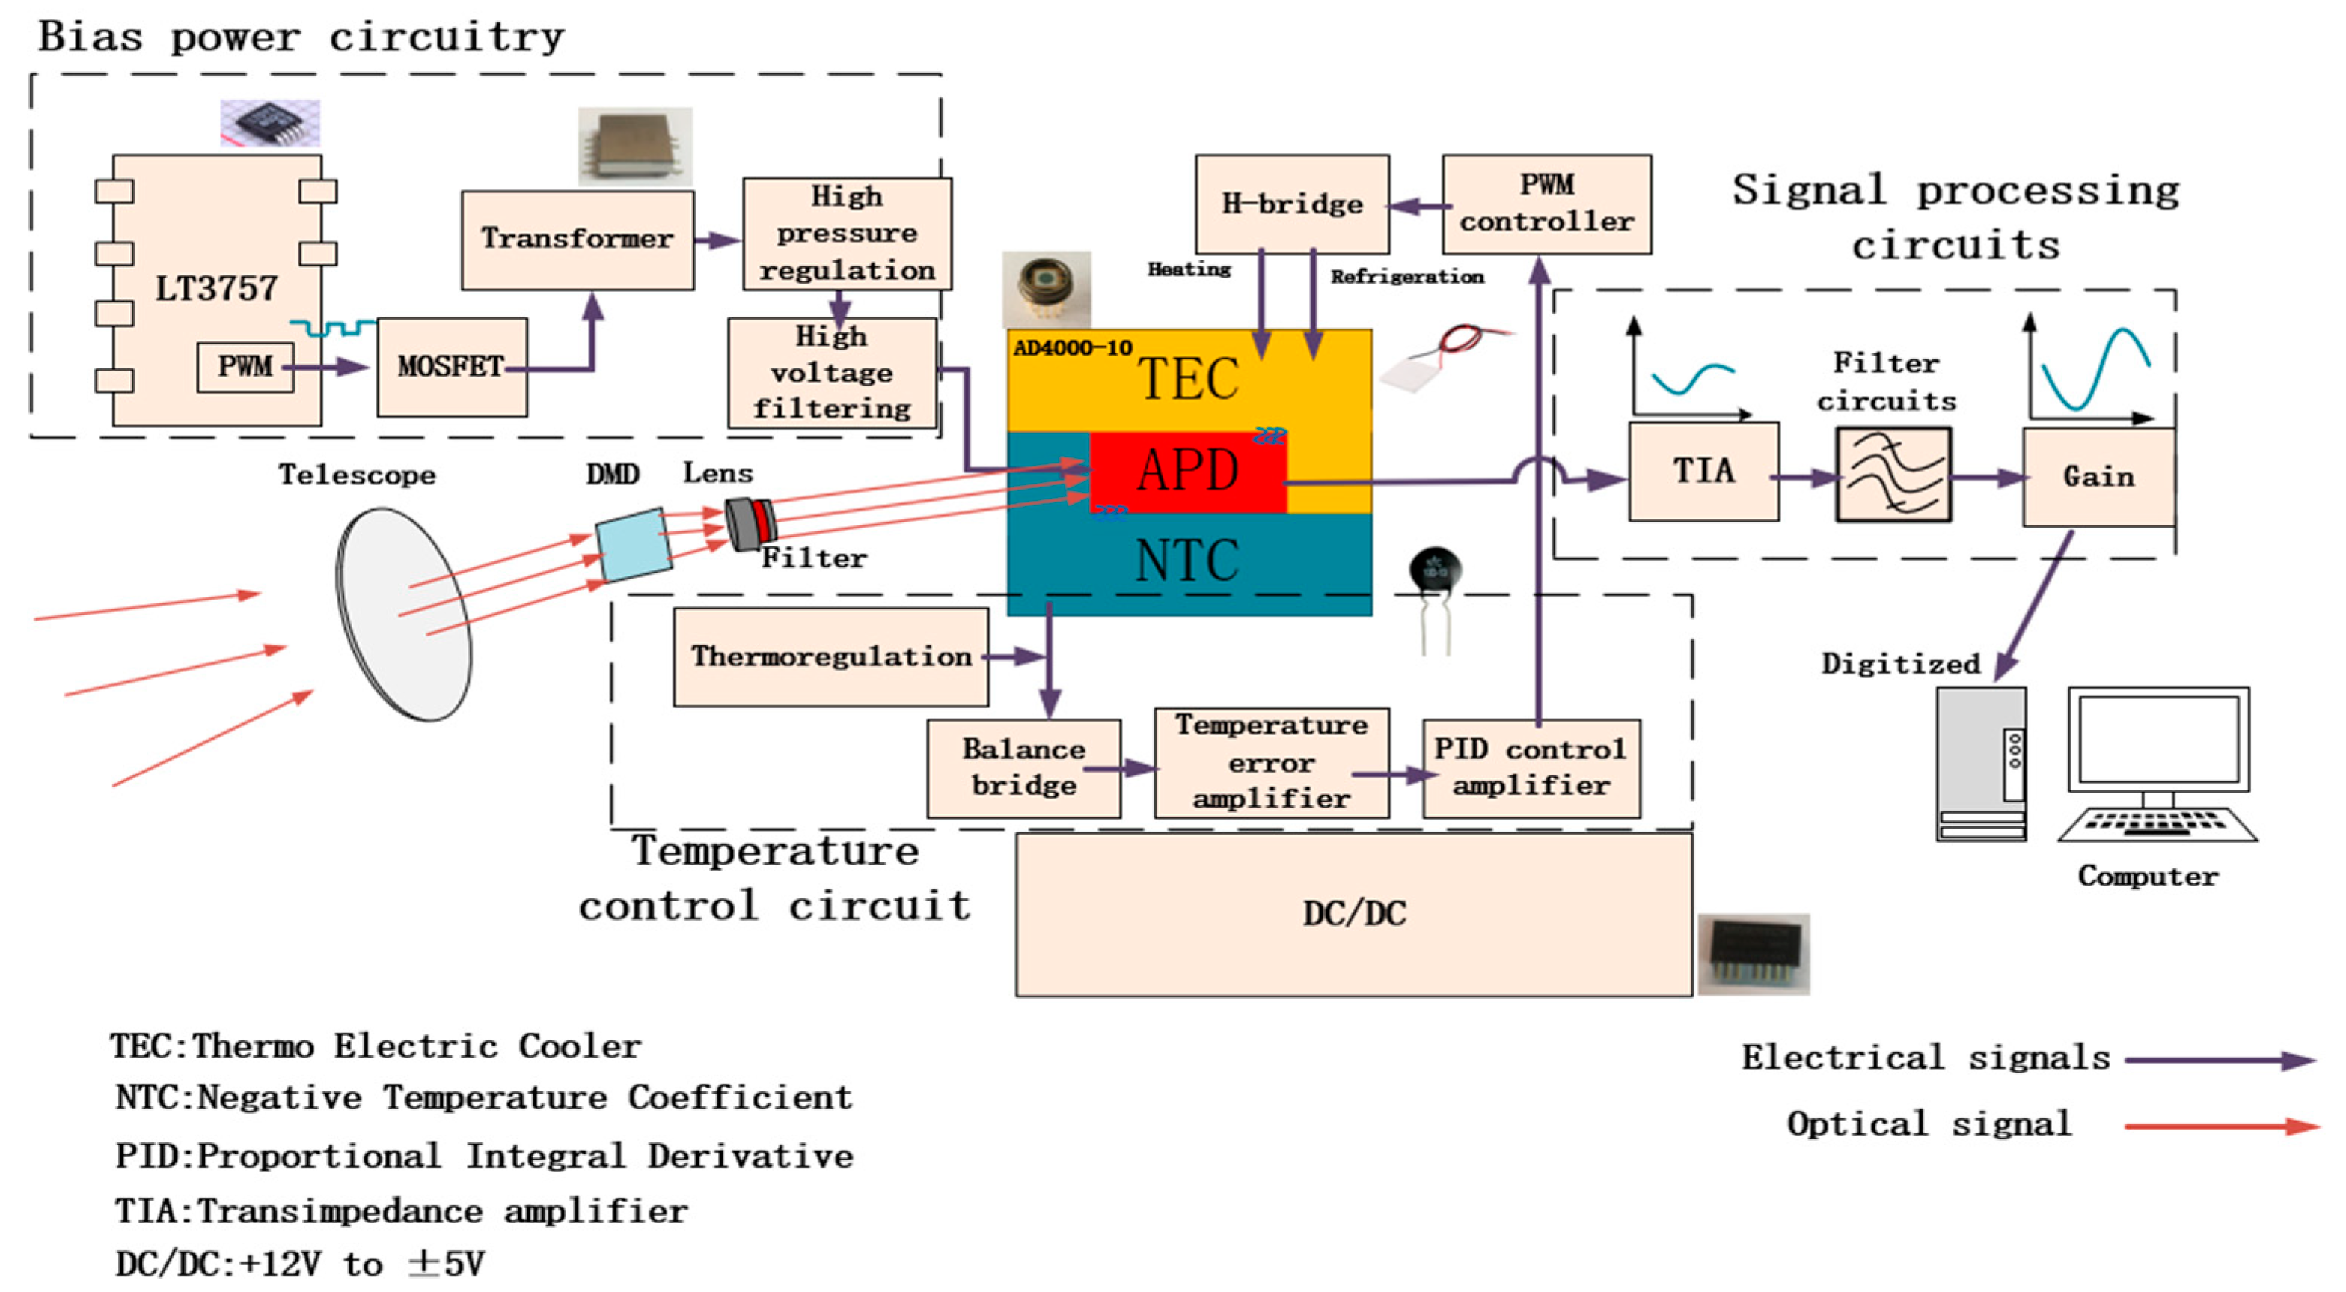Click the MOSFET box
(452, 368)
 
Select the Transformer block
(578, 240)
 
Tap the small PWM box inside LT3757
(245, 368)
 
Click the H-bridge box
(1291, 204)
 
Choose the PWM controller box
(1546, 204)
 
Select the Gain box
(2098, 478)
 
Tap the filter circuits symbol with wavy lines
(1893, 475)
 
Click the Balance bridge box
(1023, 768)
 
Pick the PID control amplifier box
(1531, 768)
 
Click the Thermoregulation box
(830, 657)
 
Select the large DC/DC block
(1353, 914)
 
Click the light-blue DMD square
(634, 545)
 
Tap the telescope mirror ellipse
(403, 614)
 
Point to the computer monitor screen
(2157, 739)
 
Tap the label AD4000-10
(1072, 348)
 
